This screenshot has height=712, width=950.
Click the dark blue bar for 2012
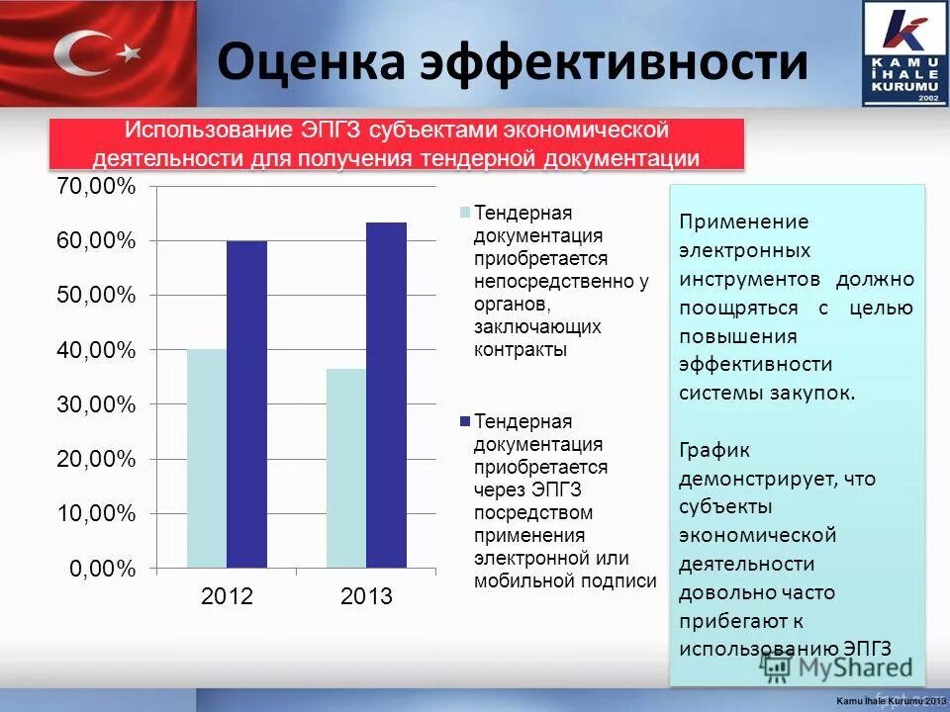(246, 404)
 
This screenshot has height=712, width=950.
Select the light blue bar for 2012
(207, 459)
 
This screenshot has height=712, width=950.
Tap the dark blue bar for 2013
(386, 396)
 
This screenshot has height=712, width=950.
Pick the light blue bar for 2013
(346, 469)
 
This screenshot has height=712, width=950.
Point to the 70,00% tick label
(96, 187)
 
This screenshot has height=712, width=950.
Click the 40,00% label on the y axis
(96, 350)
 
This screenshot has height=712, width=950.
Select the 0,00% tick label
(101, 569)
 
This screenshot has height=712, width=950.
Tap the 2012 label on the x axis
(227, 597)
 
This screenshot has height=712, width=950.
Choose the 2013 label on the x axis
(366, 597)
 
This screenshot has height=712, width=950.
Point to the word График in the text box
(714, 450)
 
